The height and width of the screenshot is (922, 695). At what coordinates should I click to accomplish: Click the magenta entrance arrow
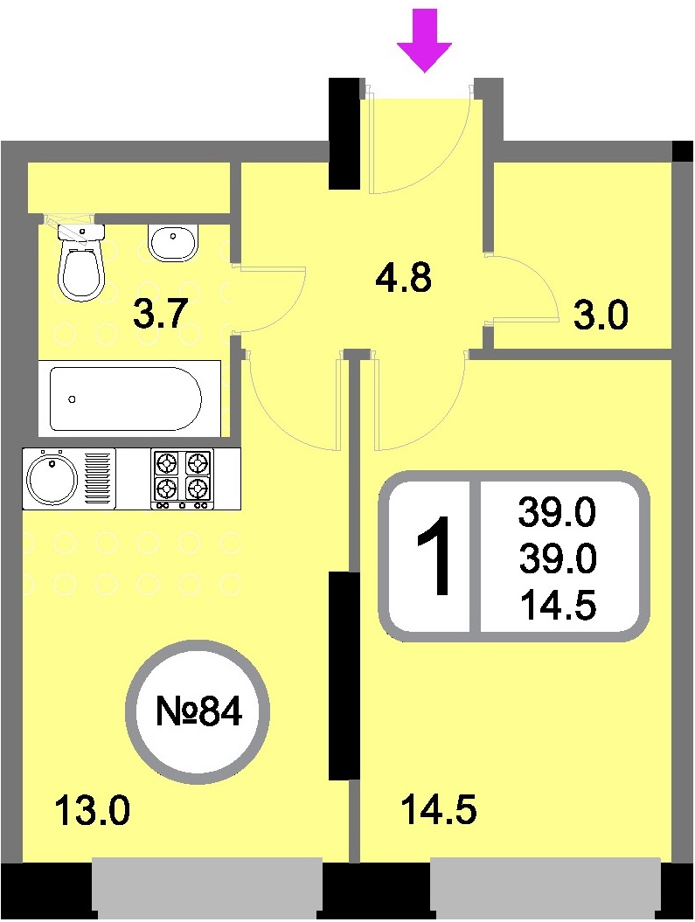424,40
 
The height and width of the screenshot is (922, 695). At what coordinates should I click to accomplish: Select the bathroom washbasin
174,243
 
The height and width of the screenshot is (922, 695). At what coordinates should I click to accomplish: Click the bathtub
126,399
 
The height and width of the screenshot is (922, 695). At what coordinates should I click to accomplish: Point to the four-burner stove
183,479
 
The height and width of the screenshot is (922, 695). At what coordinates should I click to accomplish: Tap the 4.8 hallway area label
403,278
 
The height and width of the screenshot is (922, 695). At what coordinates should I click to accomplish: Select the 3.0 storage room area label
600,315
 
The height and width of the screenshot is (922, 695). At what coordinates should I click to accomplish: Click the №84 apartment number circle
198,711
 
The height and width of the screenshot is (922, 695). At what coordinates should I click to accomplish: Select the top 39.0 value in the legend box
557,511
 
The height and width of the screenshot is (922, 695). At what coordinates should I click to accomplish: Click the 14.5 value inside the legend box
558,606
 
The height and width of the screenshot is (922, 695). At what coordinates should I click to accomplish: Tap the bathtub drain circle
72,399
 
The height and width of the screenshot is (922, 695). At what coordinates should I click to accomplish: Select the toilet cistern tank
81,232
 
